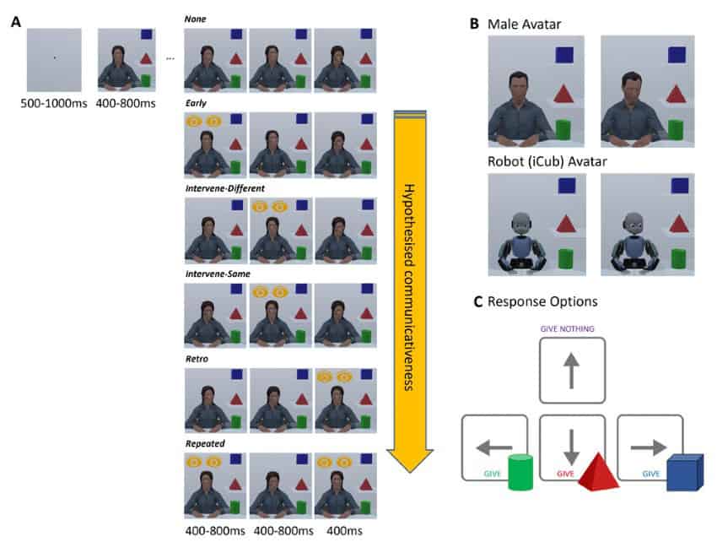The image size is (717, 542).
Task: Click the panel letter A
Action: [x=16, y=22]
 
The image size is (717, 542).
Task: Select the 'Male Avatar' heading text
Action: [x=526, y=23]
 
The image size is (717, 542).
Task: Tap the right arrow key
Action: [x=650, y=447]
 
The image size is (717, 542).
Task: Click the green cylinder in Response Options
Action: [x=520, y=473]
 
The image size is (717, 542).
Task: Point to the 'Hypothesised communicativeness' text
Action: [x=411, y=287]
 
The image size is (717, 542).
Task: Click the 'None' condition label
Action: [x=195, y=19]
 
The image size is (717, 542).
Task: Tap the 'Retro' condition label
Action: [x=197, y=359]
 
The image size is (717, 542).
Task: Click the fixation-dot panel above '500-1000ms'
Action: [x=54, y=59]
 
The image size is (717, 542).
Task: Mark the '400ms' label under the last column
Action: [x=345, y=531]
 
